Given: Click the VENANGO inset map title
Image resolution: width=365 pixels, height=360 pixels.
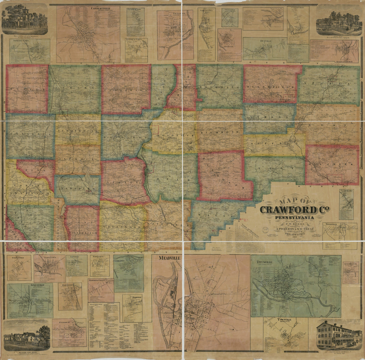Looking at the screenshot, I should [175, 14].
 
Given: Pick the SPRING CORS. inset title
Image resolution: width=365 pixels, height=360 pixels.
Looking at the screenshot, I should [20, 41].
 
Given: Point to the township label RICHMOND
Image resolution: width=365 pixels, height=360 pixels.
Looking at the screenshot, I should [220, 132].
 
